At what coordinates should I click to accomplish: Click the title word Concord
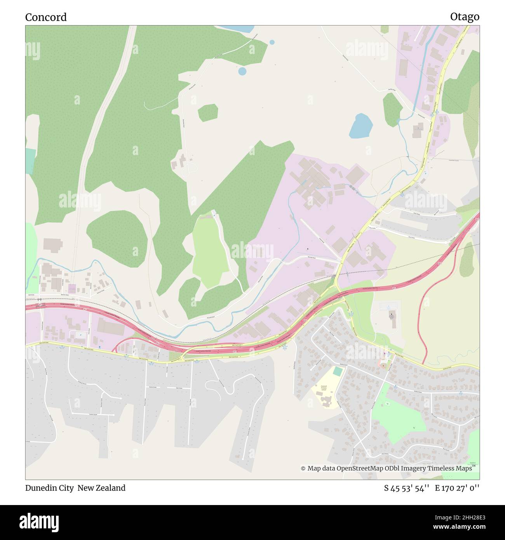(x=46, y=17)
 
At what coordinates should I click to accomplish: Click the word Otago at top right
(x=464, y=17)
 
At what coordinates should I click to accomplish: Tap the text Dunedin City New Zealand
(x=75, y=488)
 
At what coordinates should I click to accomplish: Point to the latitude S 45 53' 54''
(x=406, y=488)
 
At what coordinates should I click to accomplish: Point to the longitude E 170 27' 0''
(x=457, y=488)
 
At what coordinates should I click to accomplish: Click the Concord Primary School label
(x=323, y=388)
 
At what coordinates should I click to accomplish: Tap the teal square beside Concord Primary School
(x=338, y=371)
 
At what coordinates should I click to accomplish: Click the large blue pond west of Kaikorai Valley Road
(x=360, y=126)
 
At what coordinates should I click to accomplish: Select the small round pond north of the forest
(x=242, y=71)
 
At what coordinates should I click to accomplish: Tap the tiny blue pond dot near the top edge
(x=272, y=42)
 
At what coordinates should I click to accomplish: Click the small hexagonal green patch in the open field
(x=208, y=113)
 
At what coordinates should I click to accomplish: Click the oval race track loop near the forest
(x=190, y=170)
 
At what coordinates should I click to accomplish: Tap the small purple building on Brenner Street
(x=72, y=289)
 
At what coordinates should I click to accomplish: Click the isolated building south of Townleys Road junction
(x=418, y=130)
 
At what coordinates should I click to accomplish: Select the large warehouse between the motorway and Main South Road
(x=112, y=326)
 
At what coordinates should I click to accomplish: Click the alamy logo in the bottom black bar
(x=39, y=522)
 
